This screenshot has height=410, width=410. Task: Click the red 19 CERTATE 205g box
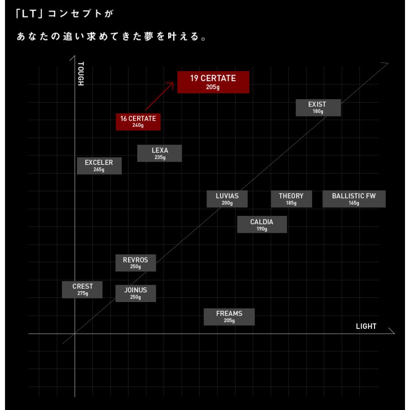(213, 82)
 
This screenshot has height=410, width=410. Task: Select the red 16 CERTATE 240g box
(138, 122)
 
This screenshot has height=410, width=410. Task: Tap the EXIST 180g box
(318, 108)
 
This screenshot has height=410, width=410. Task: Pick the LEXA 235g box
(159, 153)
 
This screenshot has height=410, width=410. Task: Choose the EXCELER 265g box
(99, 165)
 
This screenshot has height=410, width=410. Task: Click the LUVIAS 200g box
(227, 199)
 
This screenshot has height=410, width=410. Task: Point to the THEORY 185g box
(291, 199)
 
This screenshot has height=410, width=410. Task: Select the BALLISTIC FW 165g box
(354, 199)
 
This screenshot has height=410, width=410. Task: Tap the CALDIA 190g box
(262, 224)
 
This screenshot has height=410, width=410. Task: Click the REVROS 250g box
(136, 263)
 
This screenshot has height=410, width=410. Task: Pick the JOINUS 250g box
(136, 293)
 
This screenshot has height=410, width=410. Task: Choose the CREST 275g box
(82, 289)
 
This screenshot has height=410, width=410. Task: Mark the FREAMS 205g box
(229, 317)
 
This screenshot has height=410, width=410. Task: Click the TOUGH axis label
(81, 73)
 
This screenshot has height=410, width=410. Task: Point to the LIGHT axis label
(366, 326)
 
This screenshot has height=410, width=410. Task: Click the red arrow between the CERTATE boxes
(159, 96)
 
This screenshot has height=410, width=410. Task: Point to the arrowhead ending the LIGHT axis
(392, 331)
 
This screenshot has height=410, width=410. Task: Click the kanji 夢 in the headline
(149, 36)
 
